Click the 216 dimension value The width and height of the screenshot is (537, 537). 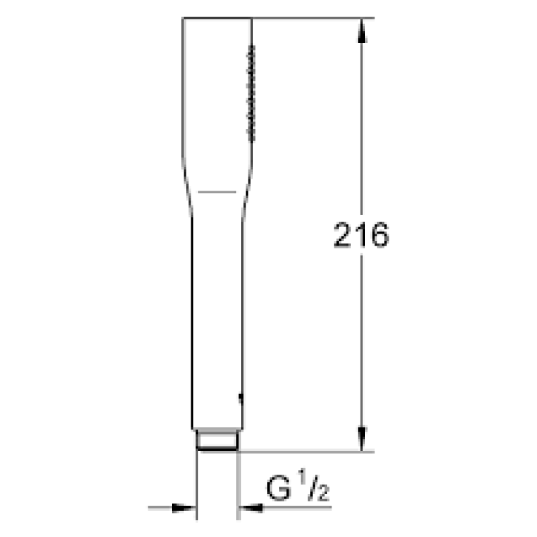coord(361,235)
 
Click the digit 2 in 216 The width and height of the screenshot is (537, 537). coord(343,235)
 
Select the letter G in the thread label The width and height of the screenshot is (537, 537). coord(279,488)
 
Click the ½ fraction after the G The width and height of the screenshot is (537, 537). coord(313,485)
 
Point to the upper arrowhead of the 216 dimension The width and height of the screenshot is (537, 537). coord(362,31)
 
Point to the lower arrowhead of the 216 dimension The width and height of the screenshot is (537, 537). coord(362,439)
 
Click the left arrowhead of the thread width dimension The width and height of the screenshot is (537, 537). coord(183,508)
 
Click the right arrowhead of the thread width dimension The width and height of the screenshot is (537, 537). coord(251,508)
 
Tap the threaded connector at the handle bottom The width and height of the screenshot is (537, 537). coord(217,440)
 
